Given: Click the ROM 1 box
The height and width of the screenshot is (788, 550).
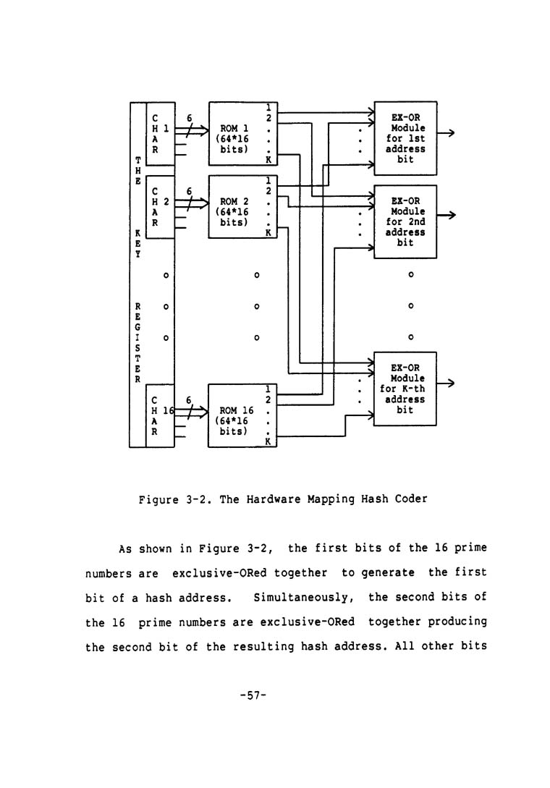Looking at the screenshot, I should click(x=239, y=134).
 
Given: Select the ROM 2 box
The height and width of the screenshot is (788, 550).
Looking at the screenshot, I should click(x=239, y=207).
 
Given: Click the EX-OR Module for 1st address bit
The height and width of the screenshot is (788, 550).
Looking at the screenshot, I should click(x=405, y=138).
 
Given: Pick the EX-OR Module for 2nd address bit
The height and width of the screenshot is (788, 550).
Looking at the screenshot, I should click(x=405, y=221).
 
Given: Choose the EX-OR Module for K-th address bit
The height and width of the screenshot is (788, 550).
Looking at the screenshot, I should click(x=405, y=389).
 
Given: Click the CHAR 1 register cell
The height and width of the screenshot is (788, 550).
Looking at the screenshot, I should click(x=160, y=134).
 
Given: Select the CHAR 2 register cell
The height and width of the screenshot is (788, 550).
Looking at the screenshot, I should click(x=160, y=207).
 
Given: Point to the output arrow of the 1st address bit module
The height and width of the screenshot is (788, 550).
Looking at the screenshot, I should click(x=447, y=133).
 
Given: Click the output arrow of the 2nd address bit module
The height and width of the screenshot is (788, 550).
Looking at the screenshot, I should click(x=447, y=216).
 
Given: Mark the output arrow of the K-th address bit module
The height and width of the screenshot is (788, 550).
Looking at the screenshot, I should click(x=447, y=384).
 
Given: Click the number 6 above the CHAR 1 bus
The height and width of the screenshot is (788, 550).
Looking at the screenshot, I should click(x=190, y=116).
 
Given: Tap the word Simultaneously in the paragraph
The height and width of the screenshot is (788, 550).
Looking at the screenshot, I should click(x=299, y=598).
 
